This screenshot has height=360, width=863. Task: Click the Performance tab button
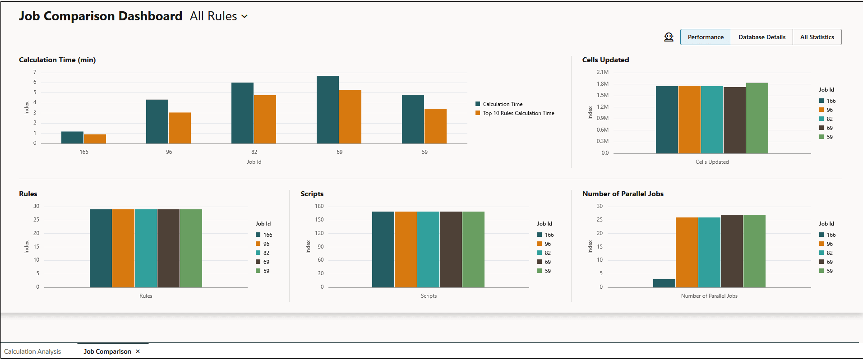pos(705,37)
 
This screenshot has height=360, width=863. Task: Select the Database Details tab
pos(761,37)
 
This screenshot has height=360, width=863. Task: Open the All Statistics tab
pos(817,37)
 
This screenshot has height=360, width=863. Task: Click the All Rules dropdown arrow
pos(245,17)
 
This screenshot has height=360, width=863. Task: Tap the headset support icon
pos(669,37)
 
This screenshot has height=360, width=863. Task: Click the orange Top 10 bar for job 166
pos(95,139)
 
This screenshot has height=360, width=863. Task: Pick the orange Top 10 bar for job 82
pos(265,119)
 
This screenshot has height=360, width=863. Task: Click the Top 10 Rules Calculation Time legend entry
pos(518,113)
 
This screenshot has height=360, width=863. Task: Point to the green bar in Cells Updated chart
pos(757,118)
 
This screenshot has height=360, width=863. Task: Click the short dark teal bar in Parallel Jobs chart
pos(664,283)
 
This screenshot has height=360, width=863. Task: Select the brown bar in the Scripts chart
pos(451,249)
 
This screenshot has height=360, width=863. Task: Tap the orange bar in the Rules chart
pos(123,248)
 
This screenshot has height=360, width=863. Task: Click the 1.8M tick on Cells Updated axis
pos(603,84)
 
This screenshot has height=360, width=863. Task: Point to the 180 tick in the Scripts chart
pos(319,206)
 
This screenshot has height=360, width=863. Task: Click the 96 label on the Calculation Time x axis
pos(169,152)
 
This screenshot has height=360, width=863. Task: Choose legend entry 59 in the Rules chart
pos(266,271)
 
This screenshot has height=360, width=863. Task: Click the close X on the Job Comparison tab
pos(138,351)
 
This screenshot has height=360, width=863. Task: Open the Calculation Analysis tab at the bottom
pos(32,351)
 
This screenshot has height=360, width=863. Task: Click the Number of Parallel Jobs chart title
pos(623,194)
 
